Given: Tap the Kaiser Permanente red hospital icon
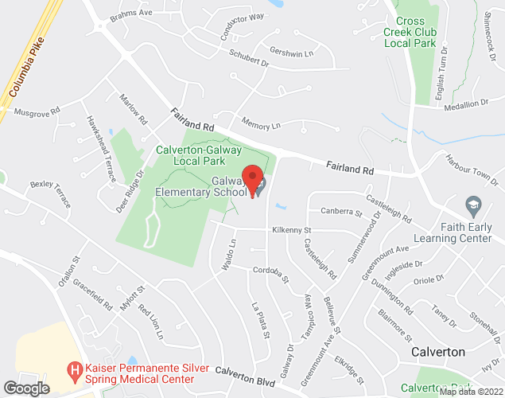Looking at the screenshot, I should click(x=74, y=369).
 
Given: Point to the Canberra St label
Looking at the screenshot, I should click(x=341, y=212).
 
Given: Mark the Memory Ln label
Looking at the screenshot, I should click(x=262, y=125).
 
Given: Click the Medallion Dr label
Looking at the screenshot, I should click(x=467, y=104).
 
